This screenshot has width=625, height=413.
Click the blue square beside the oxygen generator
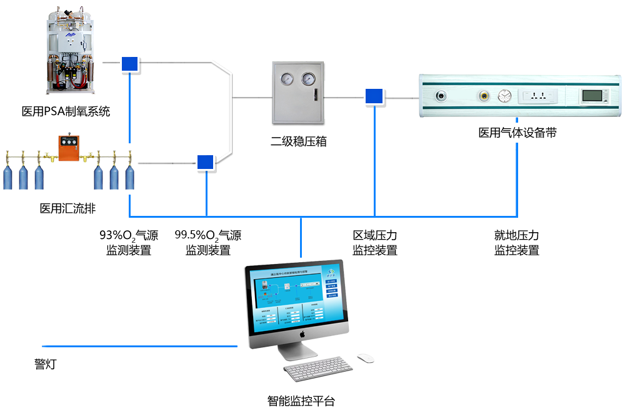(129, 64)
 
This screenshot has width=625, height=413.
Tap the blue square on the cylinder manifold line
(205, 162)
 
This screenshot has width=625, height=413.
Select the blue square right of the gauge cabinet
(374, 96)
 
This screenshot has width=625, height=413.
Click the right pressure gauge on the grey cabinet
(308, 79)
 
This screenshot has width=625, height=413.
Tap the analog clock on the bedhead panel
(504, 96)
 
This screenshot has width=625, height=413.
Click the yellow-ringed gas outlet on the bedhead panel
(484, 96)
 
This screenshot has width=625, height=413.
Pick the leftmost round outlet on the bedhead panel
(441, 96)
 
